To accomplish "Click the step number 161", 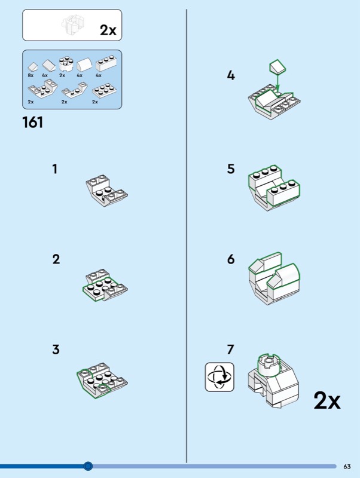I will click(x=33, y=122).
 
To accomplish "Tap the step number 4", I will click(x=231, y=76).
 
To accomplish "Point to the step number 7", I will click(x=231, y=350).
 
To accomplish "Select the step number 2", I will click(x=56, y=259).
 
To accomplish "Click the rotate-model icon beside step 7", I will click(x=219, y=377).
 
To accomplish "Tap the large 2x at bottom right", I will click(x=327, y=401).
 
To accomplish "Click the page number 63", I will click(x=347, y=466).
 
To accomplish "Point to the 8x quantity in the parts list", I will click(x=30, y=76).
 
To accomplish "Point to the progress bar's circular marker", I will click(x=88, y=466).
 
